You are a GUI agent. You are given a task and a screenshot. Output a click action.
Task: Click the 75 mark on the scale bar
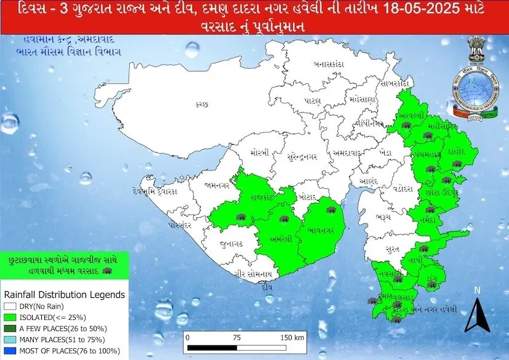point(236,337)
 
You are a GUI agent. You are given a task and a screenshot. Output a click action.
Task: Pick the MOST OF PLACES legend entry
point(55,351)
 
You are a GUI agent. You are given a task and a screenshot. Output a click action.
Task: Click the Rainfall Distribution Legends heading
point(65,295)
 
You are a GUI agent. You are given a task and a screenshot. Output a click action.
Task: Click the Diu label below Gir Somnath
point(266,286)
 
